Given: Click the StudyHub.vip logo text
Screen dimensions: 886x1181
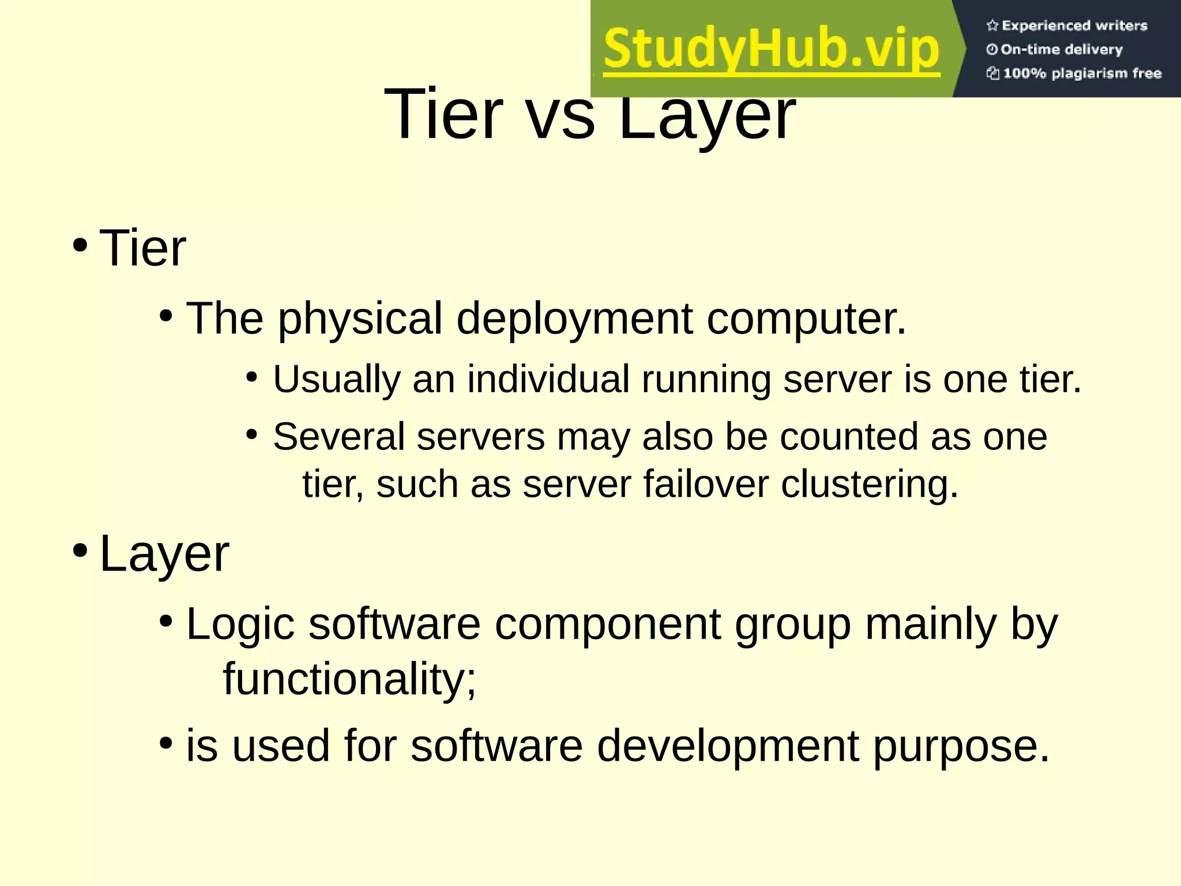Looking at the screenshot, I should pos(772,50).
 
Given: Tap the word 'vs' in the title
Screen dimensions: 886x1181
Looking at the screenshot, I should pos(561,115).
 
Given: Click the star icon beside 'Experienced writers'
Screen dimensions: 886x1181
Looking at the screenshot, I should pos(992,25).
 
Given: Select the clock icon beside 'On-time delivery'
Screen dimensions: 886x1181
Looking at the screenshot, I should pos(992,50).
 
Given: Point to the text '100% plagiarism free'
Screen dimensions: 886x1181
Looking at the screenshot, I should pos(1082,73).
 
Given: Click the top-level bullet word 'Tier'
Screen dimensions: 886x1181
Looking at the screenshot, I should pos(142,248).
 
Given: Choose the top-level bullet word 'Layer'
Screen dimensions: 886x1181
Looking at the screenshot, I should pos(164,554).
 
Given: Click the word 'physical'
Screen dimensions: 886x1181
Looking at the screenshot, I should pos(360,318).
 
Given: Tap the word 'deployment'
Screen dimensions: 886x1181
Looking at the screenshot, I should pos(574,318).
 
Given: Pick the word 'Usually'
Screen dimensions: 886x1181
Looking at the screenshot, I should pos(336,380).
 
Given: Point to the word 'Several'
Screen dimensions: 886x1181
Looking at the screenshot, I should pos(338,437).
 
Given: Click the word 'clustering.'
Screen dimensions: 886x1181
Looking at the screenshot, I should pos(869,485).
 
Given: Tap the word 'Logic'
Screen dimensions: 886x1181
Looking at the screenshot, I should pos(240,625).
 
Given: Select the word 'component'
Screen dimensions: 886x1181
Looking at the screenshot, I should pos(608,625).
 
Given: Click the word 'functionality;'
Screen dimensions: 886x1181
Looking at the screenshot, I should pos(349,679).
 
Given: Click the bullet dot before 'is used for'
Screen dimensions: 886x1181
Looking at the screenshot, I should pos(166,743).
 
